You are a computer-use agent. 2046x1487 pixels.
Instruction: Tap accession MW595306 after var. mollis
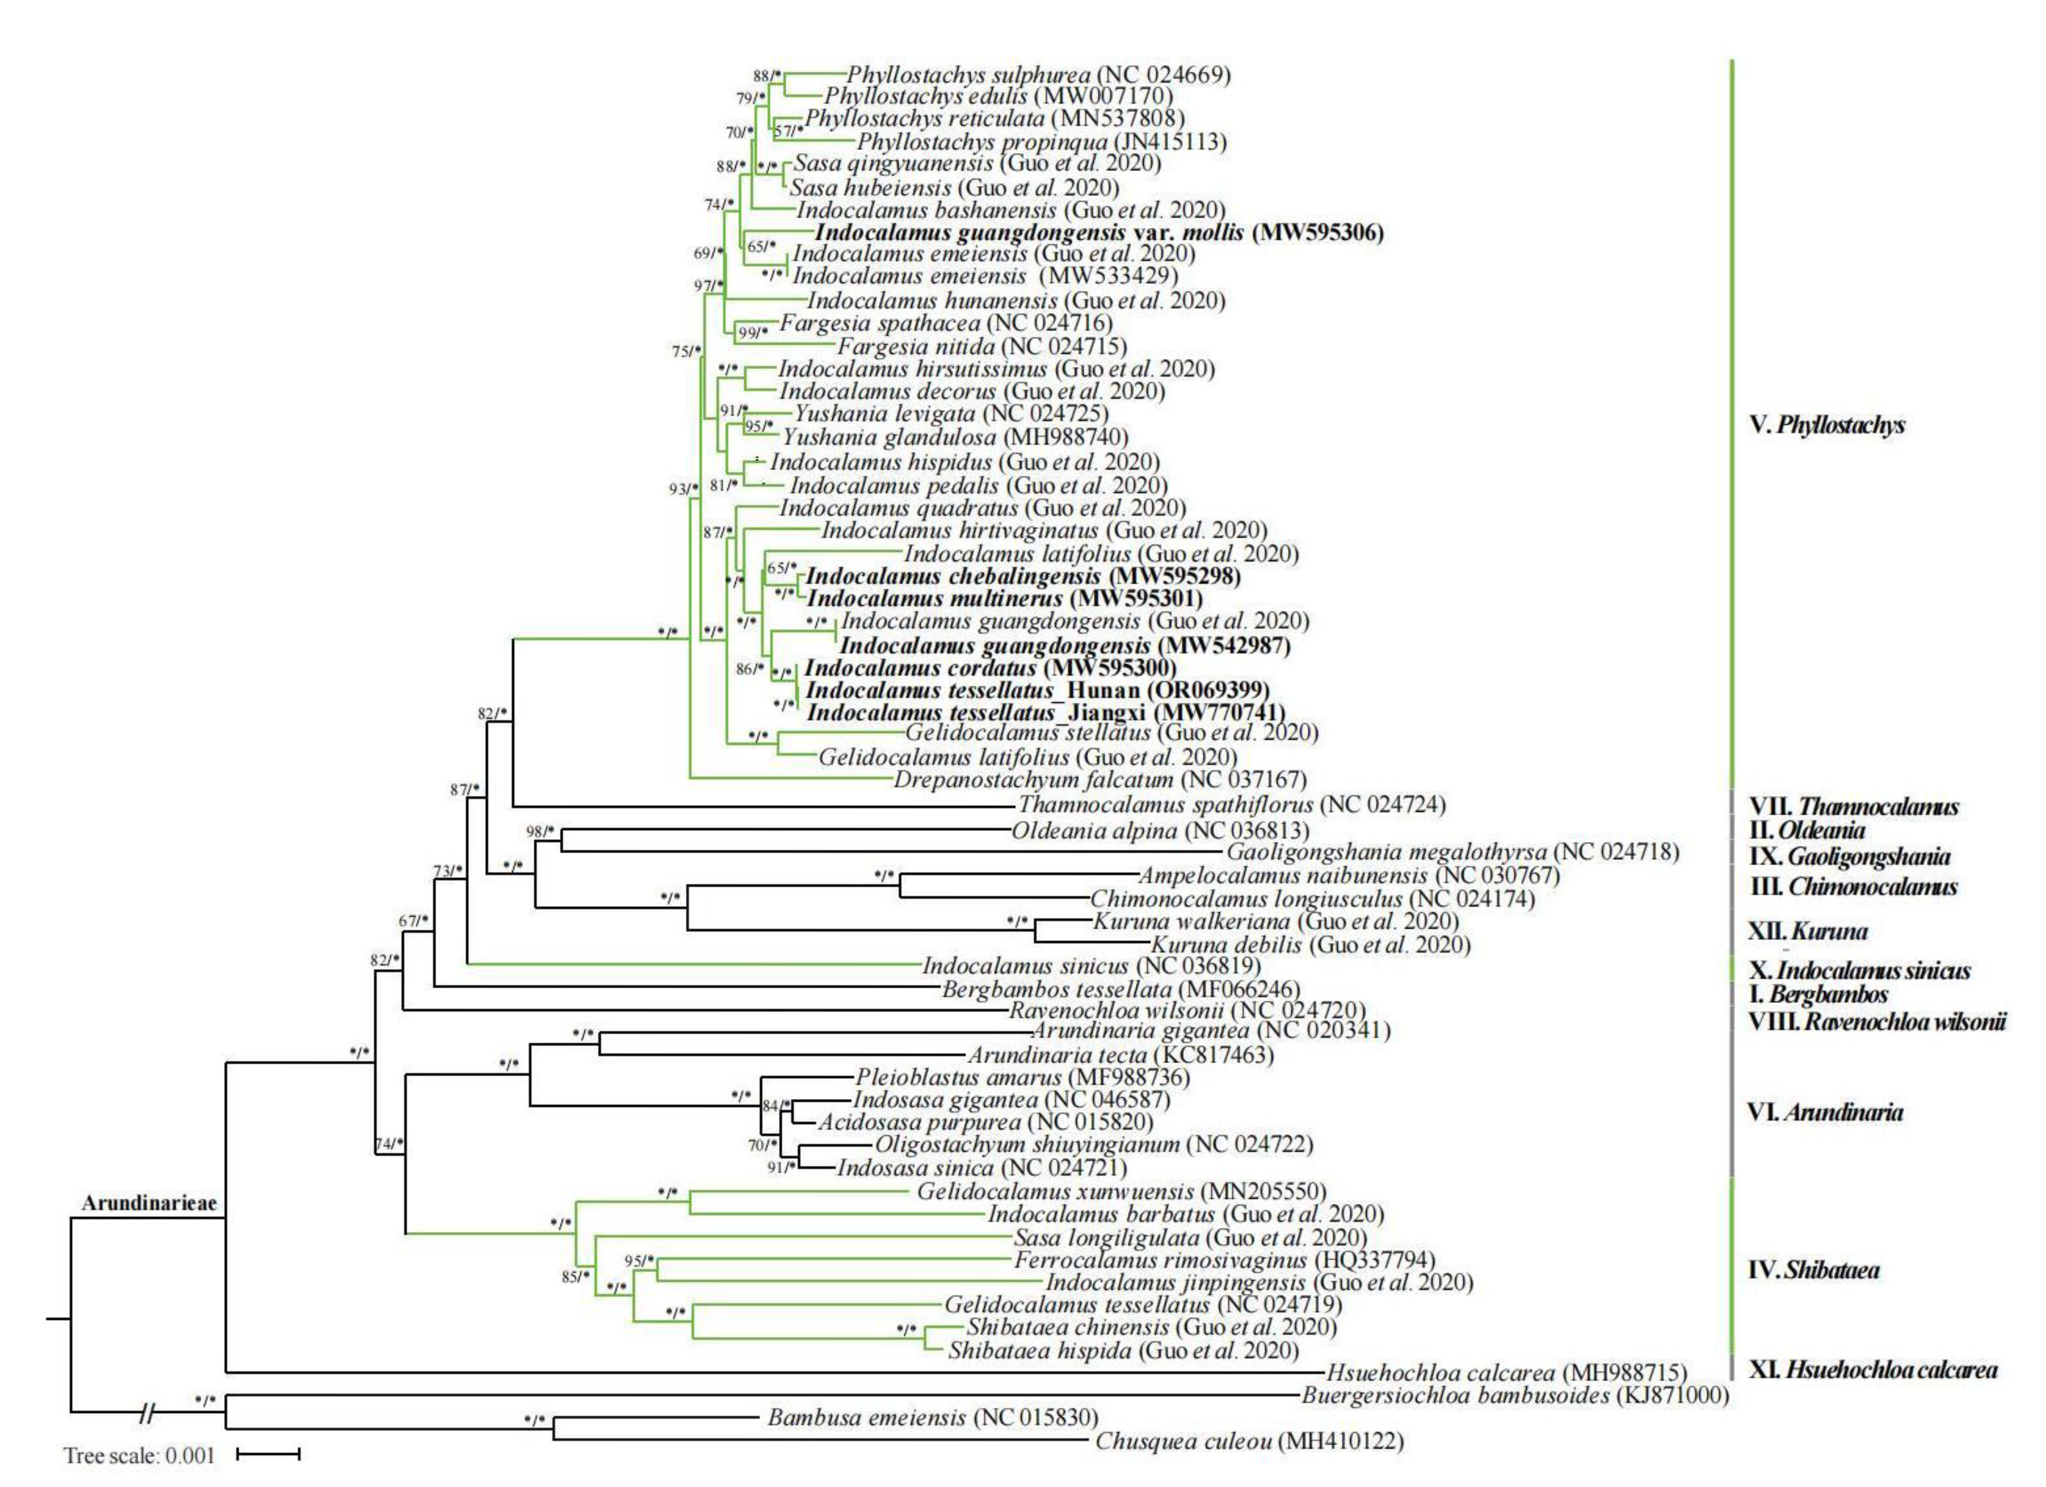[1317, 233]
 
